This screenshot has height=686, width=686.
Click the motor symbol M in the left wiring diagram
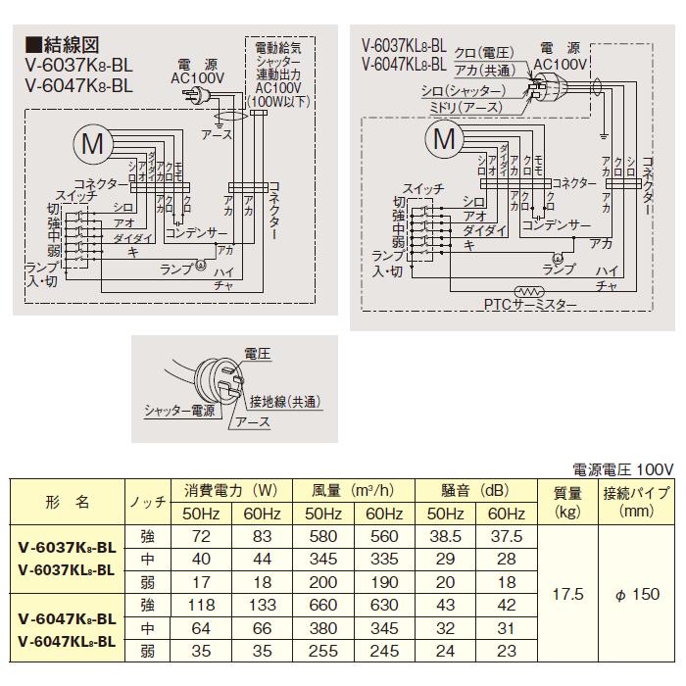click(x=91, y=145)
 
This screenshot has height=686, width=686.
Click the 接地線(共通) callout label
click(x=285, y=402)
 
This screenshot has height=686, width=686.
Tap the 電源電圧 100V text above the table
click(x=623, y=469)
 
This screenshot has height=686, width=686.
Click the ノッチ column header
click(x=148, y=502)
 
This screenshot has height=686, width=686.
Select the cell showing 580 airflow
click(x=320, y=538)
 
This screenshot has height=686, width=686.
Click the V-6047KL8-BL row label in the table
click(x=67, y=642)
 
